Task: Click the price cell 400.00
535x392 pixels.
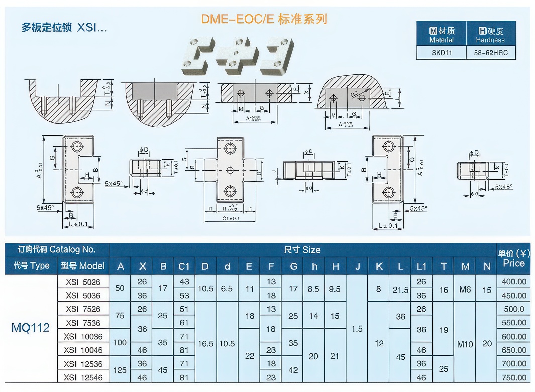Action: click(x=514, y=282)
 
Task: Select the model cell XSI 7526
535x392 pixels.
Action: click(x=83, y=309)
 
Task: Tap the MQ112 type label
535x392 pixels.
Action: click(x=30, y=328)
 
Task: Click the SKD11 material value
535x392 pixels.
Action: click(x=442, y=52)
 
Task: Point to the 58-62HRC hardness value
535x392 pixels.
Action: click(x=490, y=52)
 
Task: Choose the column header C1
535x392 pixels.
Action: click(x=184, y=266)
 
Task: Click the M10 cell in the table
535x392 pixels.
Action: click(x=465, y=344)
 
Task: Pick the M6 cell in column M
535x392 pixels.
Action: click(x=465, y=289)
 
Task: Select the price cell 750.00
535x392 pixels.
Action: click(x=514, y=377)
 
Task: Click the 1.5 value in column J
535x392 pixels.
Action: click(x=357, y=329)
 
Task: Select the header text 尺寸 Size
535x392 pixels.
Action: click(x=302, y=250)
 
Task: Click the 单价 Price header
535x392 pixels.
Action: click(x=514, y=257)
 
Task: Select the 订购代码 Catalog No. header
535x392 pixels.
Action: click(x=56, y=249)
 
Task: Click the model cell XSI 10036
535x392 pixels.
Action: click(x=83, y=336)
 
